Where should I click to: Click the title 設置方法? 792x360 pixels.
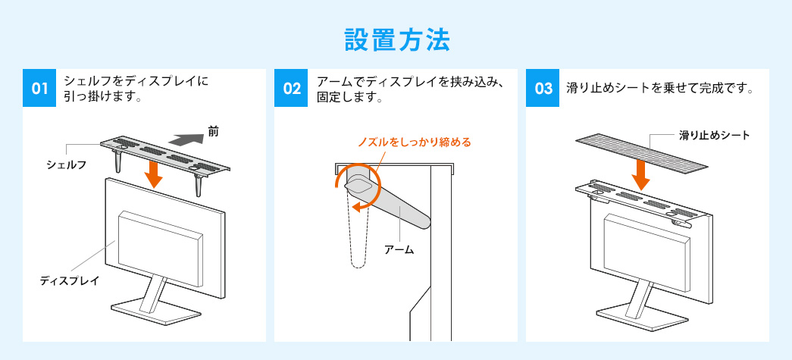point(397,40)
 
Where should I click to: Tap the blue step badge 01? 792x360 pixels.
point(39,88)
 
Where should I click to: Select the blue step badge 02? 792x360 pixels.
point(292,88)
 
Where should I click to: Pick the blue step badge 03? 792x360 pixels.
point(543,88)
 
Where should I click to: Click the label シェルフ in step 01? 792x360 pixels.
point(66,164)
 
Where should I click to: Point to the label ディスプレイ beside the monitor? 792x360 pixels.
point(70,281)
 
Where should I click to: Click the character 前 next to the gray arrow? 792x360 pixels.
point(214,132)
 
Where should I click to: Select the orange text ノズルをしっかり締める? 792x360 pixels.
point(414,143)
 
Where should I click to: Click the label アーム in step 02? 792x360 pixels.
point(399,249)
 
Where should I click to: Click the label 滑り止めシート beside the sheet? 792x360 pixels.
point(715,136)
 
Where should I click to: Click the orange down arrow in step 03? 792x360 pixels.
point(641,175)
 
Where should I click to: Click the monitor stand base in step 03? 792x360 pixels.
point(642,316)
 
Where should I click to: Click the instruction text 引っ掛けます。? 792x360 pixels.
point(102,96)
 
